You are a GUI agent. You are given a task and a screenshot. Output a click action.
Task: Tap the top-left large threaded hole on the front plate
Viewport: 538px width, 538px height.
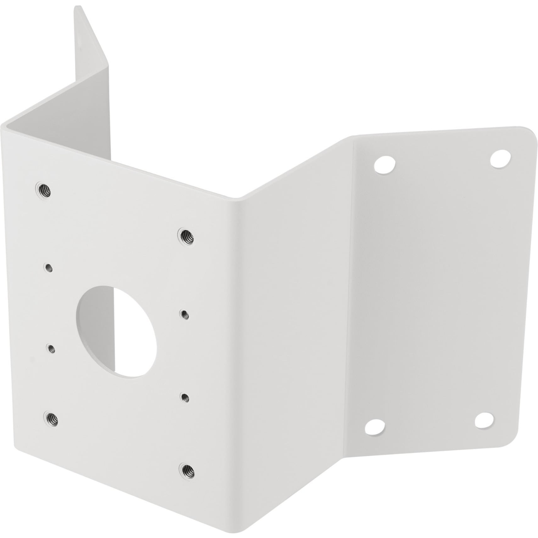43,190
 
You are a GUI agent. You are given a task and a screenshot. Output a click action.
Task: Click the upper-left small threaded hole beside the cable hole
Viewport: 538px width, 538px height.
48,268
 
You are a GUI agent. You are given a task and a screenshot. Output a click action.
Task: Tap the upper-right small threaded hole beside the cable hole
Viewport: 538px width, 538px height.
183,314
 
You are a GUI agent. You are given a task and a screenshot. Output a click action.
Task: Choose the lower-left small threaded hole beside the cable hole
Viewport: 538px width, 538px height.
50,348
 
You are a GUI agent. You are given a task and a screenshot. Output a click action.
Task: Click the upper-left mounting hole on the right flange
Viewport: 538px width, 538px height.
384,164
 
